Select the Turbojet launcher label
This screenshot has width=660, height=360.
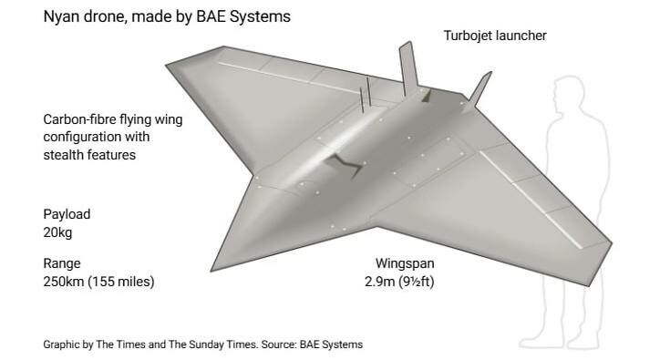(495, 36)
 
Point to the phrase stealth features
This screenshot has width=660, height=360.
(89, 155)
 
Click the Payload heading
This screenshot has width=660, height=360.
(67, 214)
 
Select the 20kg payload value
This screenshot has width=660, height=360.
(57, 232)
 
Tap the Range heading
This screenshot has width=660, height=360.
(62, 263)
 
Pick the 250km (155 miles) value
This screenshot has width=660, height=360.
(99, 282)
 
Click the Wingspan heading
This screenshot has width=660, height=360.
(405, 263)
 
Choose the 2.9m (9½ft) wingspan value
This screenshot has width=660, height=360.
(399, 282)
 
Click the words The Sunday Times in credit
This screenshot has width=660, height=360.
(212, 345)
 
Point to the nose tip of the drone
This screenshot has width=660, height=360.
(211, 270)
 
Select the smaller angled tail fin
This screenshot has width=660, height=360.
(479, 90)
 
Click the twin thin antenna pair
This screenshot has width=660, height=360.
(365, 94)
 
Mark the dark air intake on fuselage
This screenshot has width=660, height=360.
(345, 164)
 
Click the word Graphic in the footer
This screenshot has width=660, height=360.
(62, 345)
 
